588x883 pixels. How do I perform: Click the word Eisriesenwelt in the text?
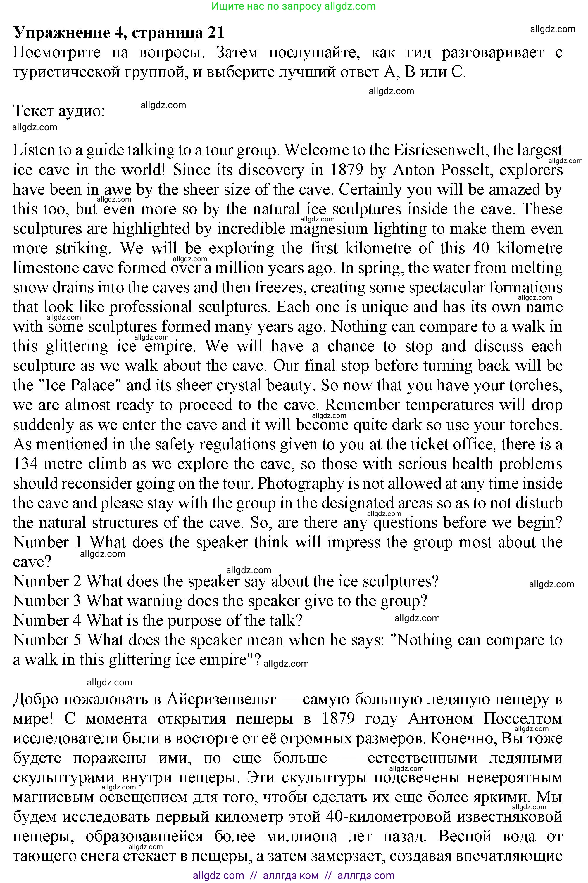point(439,150)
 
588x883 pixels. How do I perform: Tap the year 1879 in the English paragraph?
point(346,170)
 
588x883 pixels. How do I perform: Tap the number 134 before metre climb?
point(25,464)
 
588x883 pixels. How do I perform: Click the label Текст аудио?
point(59,111)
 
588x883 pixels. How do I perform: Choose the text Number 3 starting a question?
point(47,601)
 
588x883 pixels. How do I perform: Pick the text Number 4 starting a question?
point(47,620)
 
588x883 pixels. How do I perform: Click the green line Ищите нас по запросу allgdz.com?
point(294,6)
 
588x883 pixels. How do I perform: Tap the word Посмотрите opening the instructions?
point(57,52)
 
